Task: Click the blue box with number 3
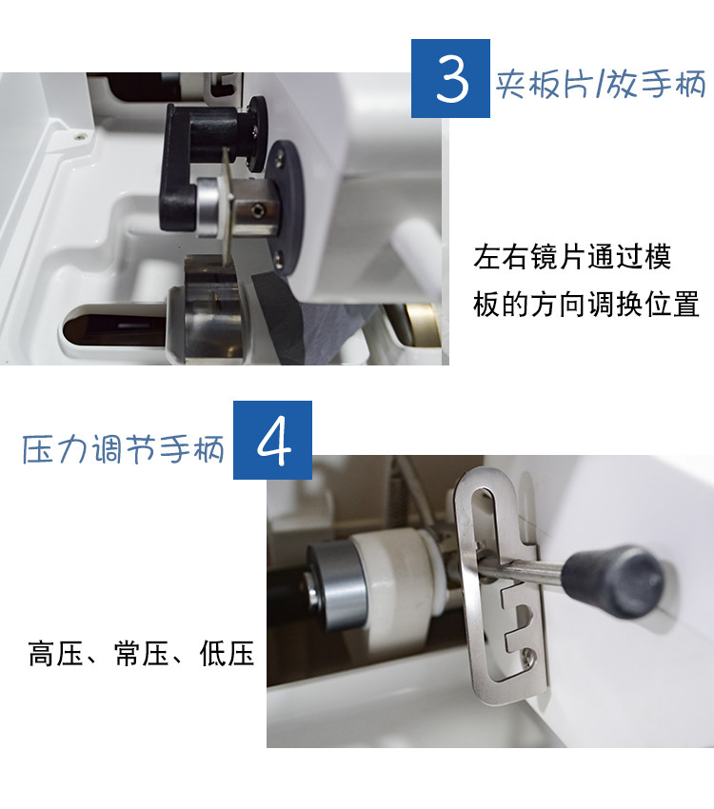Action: click(x=450, y=78)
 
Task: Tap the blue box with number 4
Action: click(x=272, y=440)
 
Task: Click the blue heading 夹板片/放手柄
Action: click(x=601, y=84)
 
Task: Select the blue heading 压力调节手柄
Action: click(x=124, y=449)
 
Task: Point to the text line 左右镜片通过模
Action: click(x=572, y=257)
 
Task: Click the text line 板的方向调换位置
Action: click(x=586, y=304)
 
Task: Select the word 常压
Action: click(x=141, y=653)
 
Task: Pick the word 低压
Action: click(x=227, y=653)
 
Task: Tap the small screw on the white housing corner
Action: click(x=80, y=136)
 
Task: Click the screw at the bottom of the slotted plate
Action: click(x=526, y=655)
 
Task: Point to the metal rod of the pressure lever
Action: click(x=531, y=570)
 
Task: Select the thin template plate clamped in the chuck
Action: click(x=227, y=207)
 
